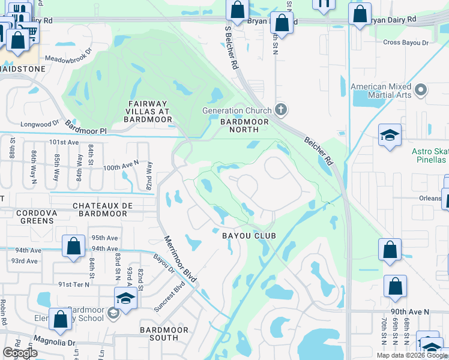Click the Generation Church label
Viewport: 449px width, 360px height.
[x=237, y=110]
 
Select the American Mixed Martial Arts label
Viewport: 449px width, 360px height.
[x=381, y=91]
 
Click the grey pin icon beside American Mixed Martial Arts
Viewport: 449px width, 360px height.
[x=421, y=91]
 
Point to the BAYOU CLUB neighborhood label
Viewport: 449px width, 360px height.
[x=249, y=236]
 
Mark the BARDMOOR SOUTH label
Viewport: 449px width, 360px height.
[x=164, y=334]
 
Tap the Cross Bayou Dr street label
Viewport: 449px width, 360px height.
[x=406, y=43]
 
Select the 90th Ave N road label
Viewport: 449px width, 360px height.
[x=409, y=312]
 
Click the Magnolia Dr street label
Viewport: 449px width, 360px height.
[x=55, y=343]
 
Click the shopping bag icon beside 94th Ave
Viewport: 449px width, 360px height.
[x=73, y=245]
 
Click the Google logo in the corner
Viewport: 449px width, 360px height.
[x=20, y=353]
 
